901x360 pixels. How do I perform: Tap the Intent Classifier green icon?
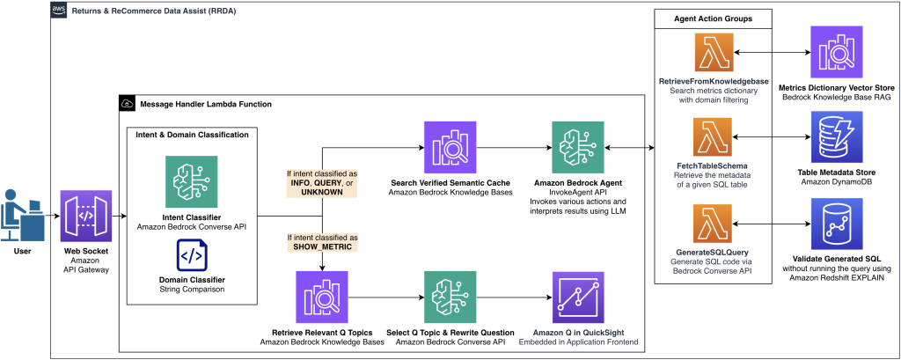pos(191,181)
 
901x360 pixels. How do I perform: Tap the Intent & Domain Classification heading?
pos(191,135)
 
